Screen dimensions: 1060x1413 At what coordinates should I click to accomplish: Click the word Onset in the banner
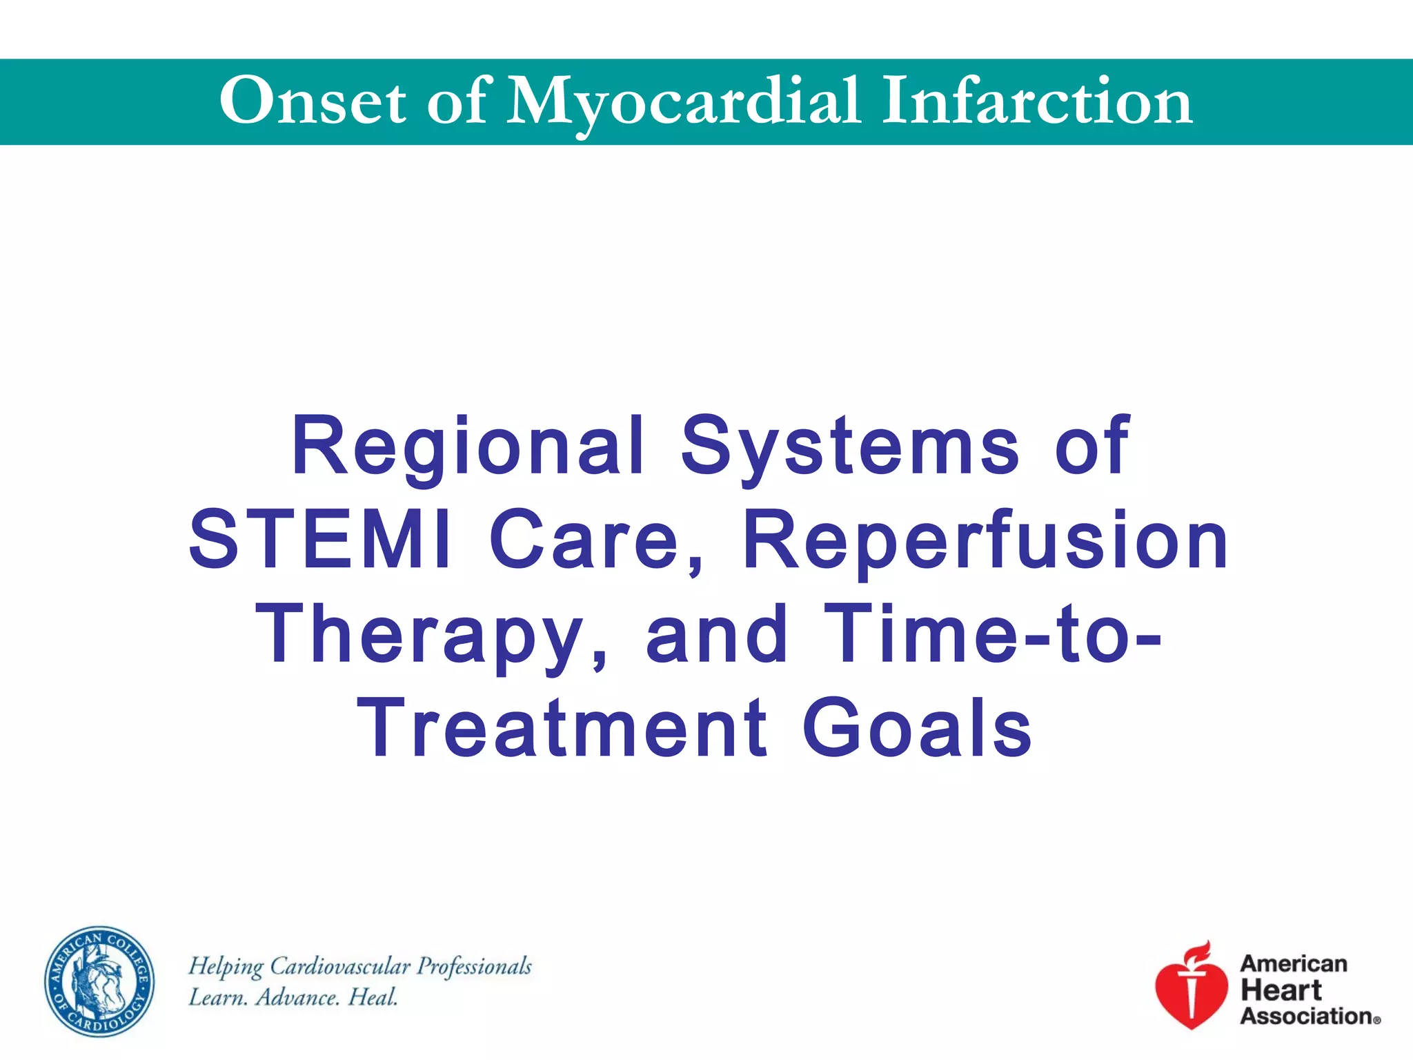pos(313,101)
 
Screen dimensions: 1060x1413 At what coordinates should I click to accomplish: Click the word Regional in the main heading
pos(468,447)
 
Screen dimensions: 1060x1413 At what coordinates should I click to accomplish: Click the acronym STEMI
pos(320,540)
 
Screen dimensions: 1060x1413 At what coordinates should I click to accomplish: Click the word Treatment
pos(562,727)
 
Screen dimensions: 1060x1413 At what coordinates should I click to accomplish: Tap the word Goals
pos(917,727)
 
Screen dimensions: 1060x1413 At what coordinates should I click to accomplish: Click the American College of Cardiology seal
pos(99,981)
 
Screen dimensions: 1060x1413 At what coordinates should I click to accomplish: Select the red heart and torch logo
pos(1192,987)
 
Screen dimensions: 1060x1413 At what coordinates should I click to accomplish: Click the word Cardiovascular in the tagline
pos(339,967)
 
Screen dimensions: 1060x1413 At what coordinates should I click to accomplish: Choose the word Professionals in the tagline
pos(475,967)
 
